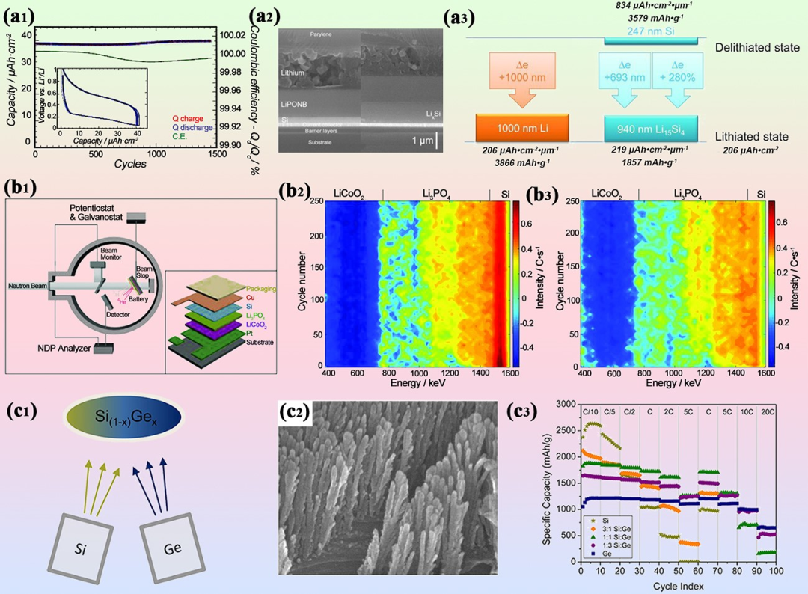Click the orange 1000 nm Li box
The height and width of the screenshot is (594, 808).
coord(522,126)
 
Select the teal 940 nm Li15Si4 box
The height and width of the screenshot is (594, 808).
coord(650,126)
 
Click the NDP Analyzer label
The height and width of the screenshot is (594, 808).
coord(73,348)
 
